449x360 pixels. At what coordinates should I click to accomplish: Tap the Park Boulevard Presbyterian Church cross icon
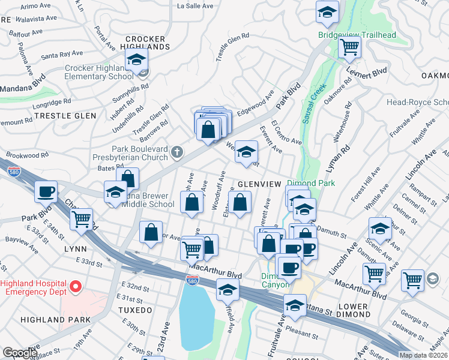click(176, 152)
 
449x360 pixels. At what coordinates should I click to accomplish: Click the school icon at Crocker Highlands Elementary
click(136, 60)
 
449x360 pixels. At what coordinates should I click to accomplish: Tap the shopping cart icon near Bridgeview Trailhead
click(349, 46)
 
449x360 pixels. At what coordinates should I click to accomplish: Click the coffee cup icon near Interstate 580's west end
click(46, 192)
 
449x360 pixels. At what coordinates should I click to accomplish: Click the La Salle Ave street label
click(195, 6)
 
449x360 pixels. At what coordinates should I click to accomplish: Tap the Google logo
click(20, 353)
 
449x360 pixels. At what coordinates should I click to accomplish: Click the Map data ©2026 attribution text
click(423, 355)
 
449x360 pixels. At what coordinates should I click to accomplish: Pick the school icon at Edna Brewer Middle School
click(115, 193)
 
